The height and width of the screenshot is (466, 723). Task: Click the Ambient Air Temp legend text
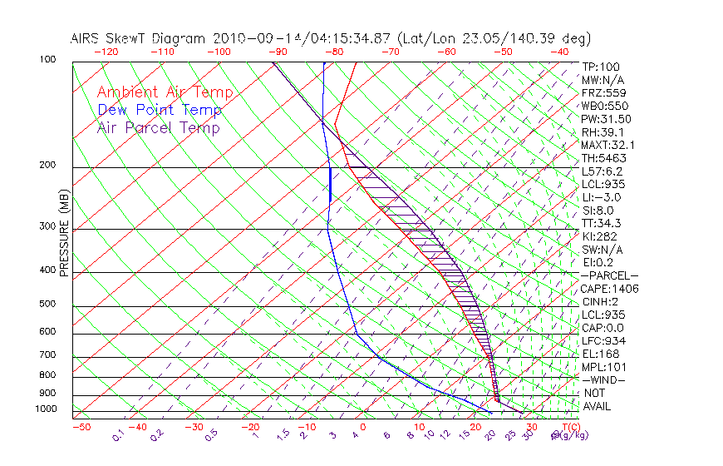(x=165, y=92)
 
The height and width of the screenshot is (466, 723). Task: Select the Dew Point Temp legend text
(x=160, y=110)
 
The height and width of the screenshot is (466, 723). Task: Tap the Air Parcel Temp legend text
(x=158, y=127)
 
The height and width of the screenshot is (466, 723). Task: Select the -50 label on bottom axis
(x=81, y=428)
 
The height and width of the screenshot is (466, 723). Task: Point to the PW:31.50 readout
(x=606, y=119)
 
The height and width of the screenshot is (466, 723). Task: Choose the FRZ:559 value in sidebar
(x=602, y=93)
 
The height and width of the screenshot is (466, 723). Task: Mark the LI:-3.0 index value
(x=600, y=197)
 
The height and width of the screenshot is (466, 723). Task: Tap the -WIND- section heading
(x=604, y=379)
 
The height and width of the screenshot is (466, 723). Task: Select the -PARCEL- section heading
(x=609, y=275)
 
